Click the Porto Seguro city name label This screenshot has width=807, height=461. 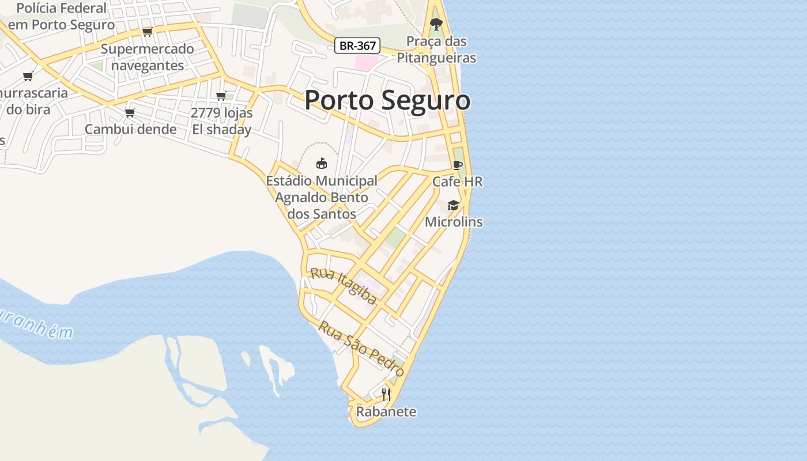387,100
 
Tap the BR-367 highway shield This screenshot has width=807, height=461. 357,46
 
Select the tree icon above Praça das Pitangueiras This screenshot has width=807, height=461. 436,24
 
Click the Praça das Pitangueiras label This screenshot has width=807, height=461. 436,50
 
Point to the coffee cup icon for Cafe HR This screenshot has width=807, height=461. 458,165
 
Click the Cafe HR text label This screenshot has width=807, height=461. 458,182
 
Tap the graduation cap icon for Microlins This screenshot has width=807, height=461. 454,206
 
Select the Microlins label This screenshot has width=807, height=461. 454,222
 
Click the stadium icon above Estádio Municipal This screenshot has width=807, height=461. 322,164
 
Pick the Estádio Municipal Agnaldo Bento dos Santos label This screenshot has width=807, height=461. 322,197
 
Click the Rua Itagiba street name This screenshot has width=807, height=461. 344,286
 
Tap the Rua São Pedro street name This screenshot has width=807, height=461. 361,349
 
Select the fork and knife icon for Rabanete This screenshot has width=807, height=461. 386,395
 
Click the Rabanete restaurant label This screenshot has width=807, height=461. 386,411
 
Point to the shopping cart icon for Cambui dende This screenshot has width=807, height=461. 130,112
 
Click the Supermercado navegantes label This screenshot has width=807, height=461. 148,57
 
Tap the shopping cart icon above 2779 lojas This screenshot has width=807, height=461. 221,96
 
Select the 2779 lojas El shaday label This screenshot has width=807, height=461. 221,121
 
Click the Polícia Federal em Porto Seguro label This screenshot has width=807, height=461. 61,17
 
